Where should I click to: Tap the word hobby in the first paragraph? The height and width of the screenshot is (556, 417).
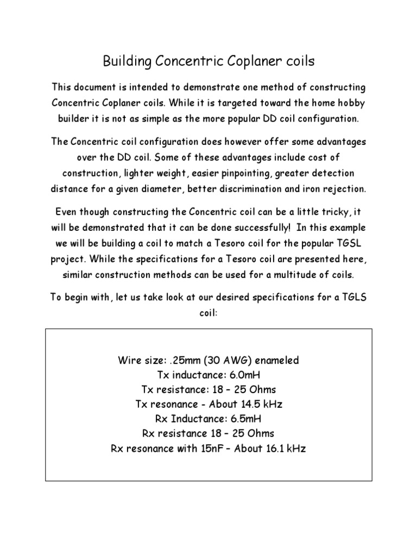pos(350,103)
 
